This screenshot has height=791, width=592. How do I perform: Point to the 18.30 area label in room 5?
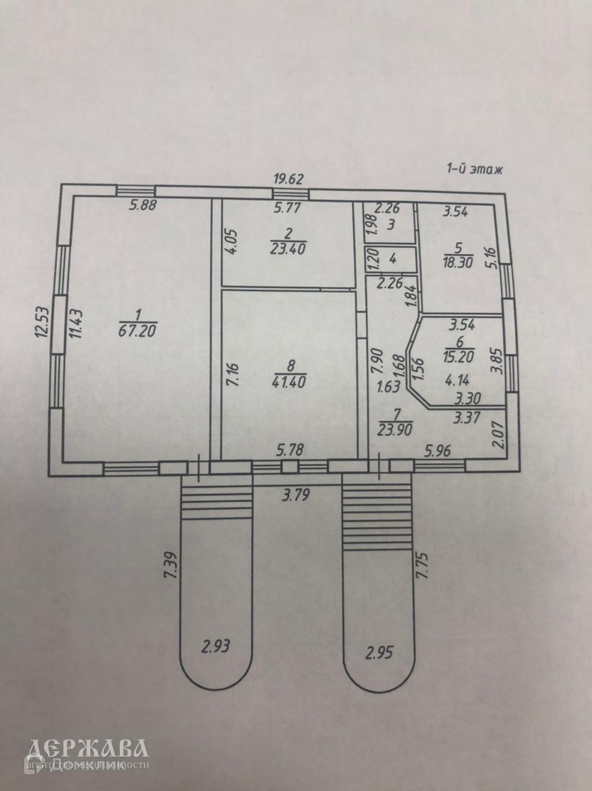(458, 261)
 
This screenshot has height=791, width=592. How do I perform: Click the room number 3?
(390, 224)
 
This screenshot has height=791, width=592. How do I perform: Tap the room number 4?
(392, 258)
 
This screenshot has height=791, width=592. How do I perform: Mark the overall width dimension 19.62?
(289, 179)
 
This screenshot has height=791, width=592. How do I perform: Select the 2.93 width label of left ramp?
(216, 646)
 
